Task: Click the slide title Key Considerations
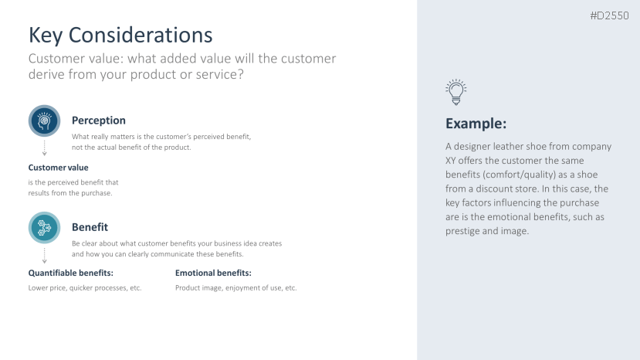[x=120, y=35]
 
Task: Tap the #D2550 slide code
[x=609, y=15]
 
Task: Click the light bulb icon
[x=456, y=92]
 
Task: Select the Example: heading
[x=476, y=124]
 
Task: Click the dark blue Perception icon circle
[x=45, y=121]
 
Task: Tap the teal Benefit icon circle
[x=45, y=228]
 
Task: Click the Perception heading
[x=99, y=121]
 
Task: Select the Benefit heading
[x=90, y=227]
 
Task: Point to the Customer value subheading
[x=59, y=168]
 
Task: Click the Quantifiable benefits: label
[x=70, y=273]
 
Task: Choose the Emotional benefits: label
[x=214, y=273]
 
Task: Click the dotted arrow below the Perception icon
[x=45, y=148]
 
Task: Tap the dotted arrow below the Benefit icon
[x=45, y=256]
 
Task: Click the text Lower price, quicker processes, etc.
[x=85, y=287]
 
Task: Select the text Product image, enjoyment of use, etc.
[x=236, y=287]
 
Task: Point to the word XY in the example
[x=451, y=161]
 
